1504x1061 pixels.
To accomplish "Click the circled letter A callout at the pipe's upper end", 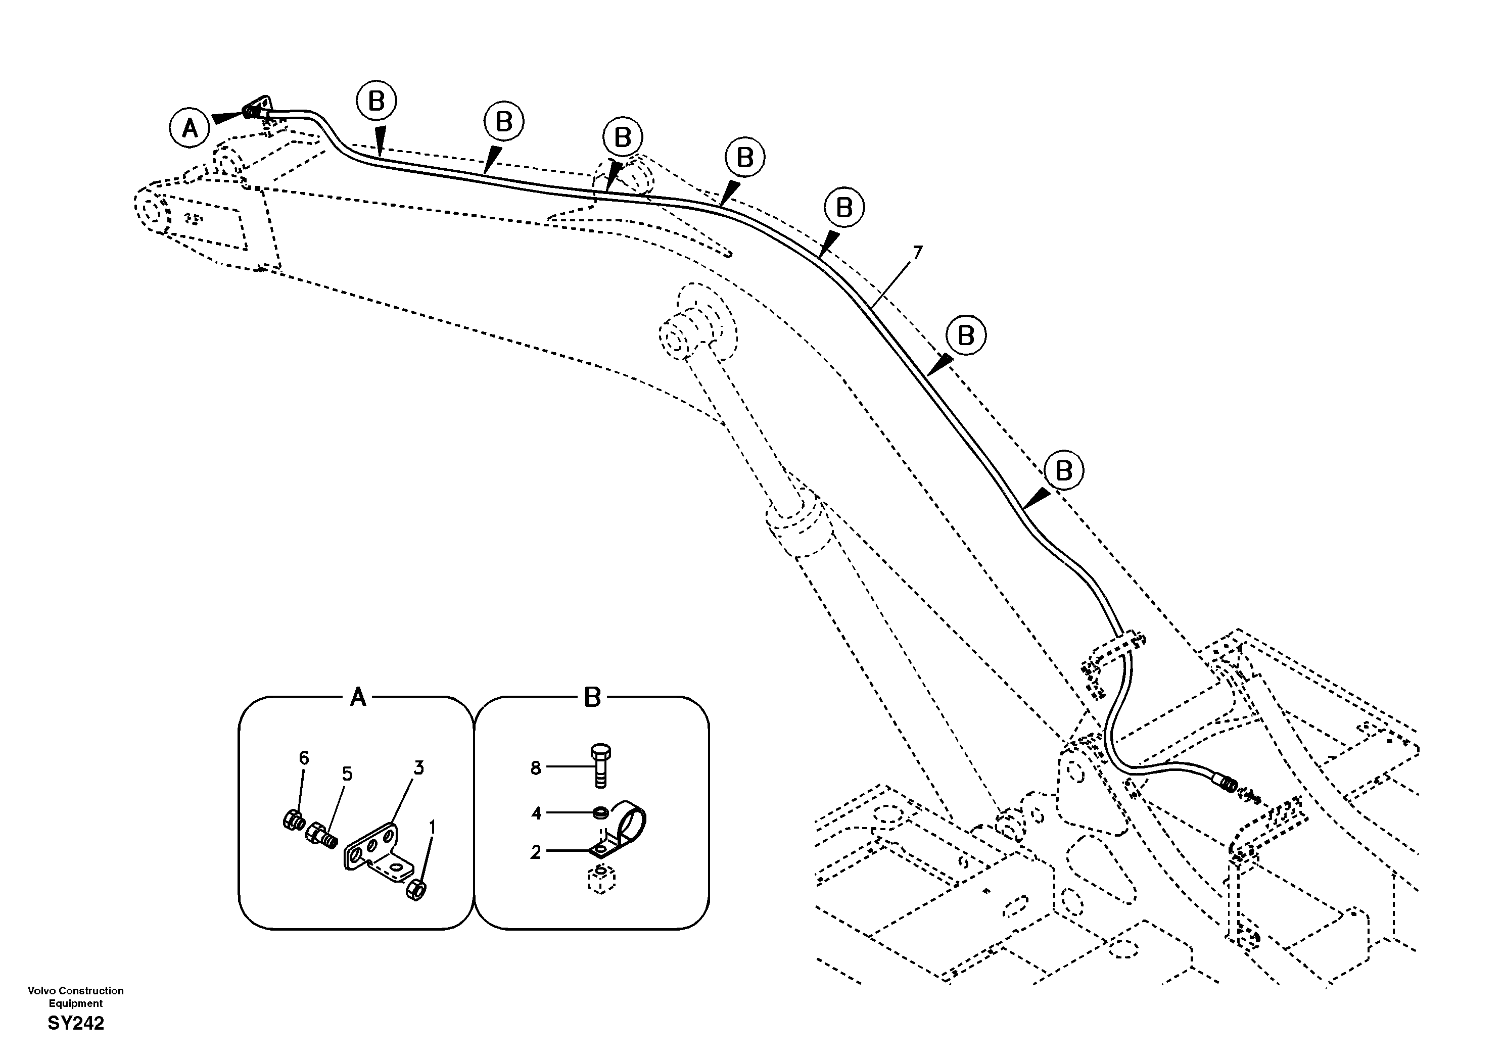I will (x=190, y=128).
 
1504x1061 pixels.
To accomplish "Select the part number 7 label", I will (x=917, y=252).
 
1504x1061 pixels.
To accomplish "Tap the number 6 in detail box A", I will (x=304, y=758).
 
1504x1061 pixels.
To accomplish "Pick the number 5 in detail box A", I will (x=347, y=774).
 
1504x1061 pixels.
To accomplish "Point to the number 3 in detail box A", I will (x=418, y=767).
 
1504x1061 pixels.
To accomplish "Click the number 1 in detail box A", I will (x=432, y=828).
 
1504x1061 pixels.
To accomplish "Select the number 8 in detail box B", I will (x=536, y=768).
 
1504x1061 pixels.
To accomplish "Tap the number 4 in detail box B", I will (x=536, y=813).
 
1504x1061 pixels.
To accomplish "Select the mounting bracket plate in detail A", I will (x=377, y=858).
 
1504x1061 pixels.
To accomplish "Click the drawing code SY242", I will (x=75, y=1024).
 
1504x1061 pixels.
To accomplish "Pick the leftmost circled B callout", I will (x=377, y=101).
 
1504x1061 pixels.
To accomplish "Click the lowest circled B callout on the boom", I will (x=1064, y=470).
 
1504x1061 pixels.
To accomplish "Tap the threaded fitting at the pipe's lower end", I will (x=1226, y=784).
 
